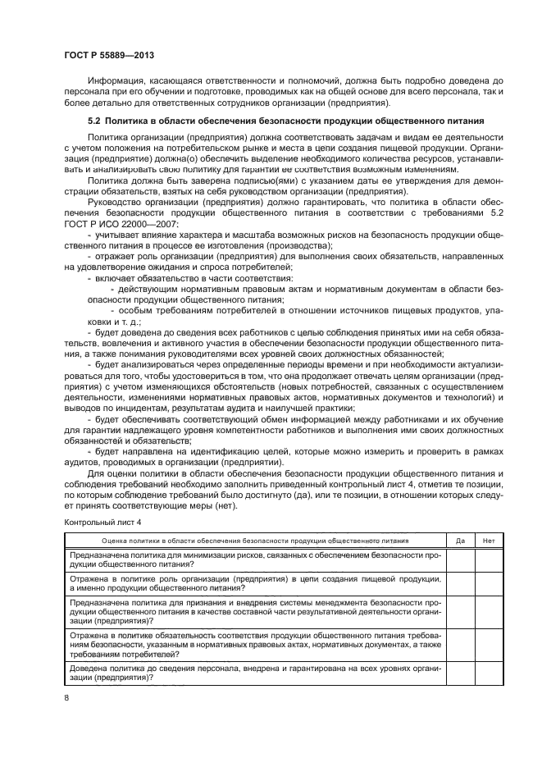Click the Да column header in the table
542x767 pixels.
(460, 541)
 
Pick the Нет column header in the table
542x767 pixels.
(489, 541)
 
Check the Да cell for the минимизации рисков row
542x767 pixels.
(460, 559)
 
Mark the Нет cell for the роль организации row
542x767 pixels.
(489, 583)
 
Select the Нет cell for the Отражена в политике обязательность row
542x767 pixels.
(489, 645)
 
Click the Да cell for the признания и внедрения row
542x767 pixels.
(460, 612)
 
